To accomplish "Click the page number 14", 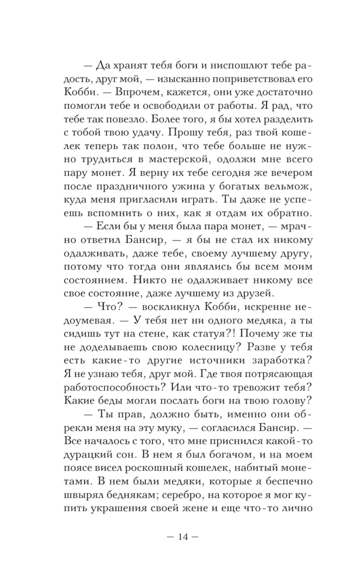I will pos(183,536).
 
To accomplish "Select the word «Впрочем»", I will pos(134,93).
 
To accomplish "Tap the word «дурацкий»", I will pos(87,455).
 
